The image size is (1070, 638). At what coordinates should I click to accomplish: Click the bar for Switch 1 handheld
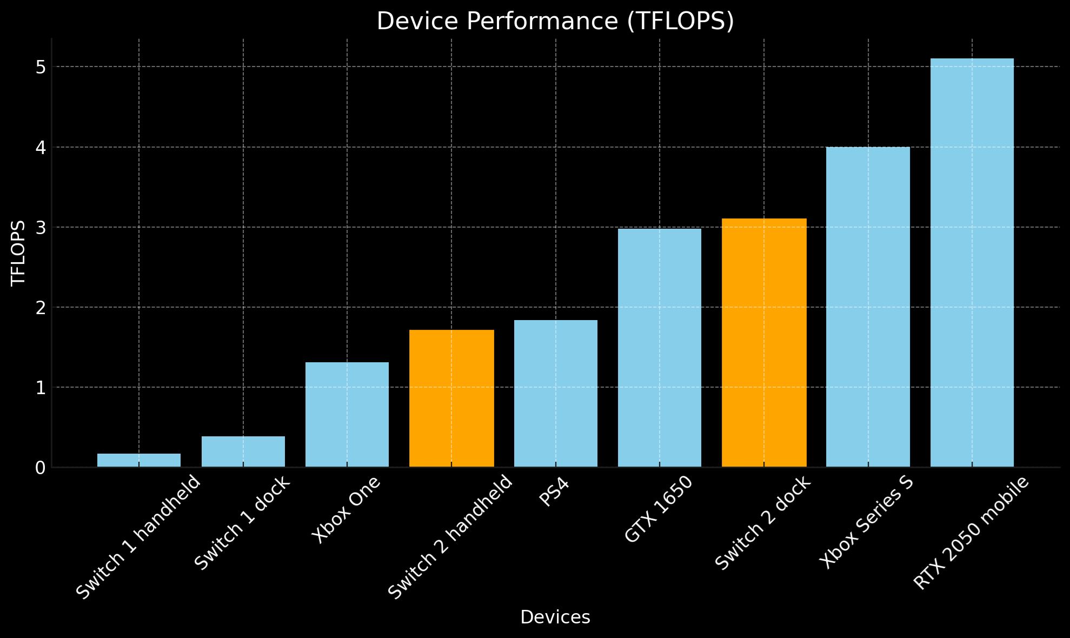139,460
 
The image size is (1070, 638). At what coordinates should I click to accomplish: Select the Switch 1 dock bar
243,451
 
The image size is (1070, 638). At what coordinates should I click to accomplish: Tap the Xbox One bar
347,414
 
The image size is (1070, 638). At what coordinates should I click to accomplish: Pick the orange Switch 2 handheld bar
451,398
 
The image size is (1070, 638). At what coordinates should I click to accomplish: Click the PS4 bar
556,393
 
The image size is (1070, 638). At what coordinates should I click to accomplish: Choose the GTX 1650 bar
660,348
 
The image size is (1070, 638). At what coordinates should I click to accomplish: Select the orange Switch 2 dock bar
764,342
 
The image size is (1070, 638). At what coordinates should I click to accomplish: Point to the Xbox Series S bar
868,307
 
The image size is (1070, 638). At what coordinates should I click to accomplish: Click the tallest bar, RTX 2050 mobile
972,262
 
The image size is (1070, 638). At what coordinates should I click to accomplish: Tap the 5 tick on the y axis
41,67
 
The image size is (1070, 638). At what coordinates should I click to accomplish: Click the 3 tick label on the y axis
41,228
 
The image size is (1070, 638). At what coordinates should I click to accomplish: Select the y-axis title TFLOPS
18,252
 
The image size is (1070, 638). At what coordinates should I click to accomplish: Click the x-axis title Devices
555,617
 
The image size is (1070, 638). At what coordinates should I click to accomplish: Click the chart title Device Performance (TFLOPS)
555,22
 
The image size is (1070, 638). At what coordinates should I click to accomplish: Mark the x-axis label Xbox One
347,509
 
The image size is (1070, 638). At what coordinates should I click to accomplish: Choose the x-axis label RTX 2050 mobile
971,533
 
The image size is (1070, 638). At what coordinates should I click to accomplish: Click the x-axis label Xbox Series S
867,522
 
